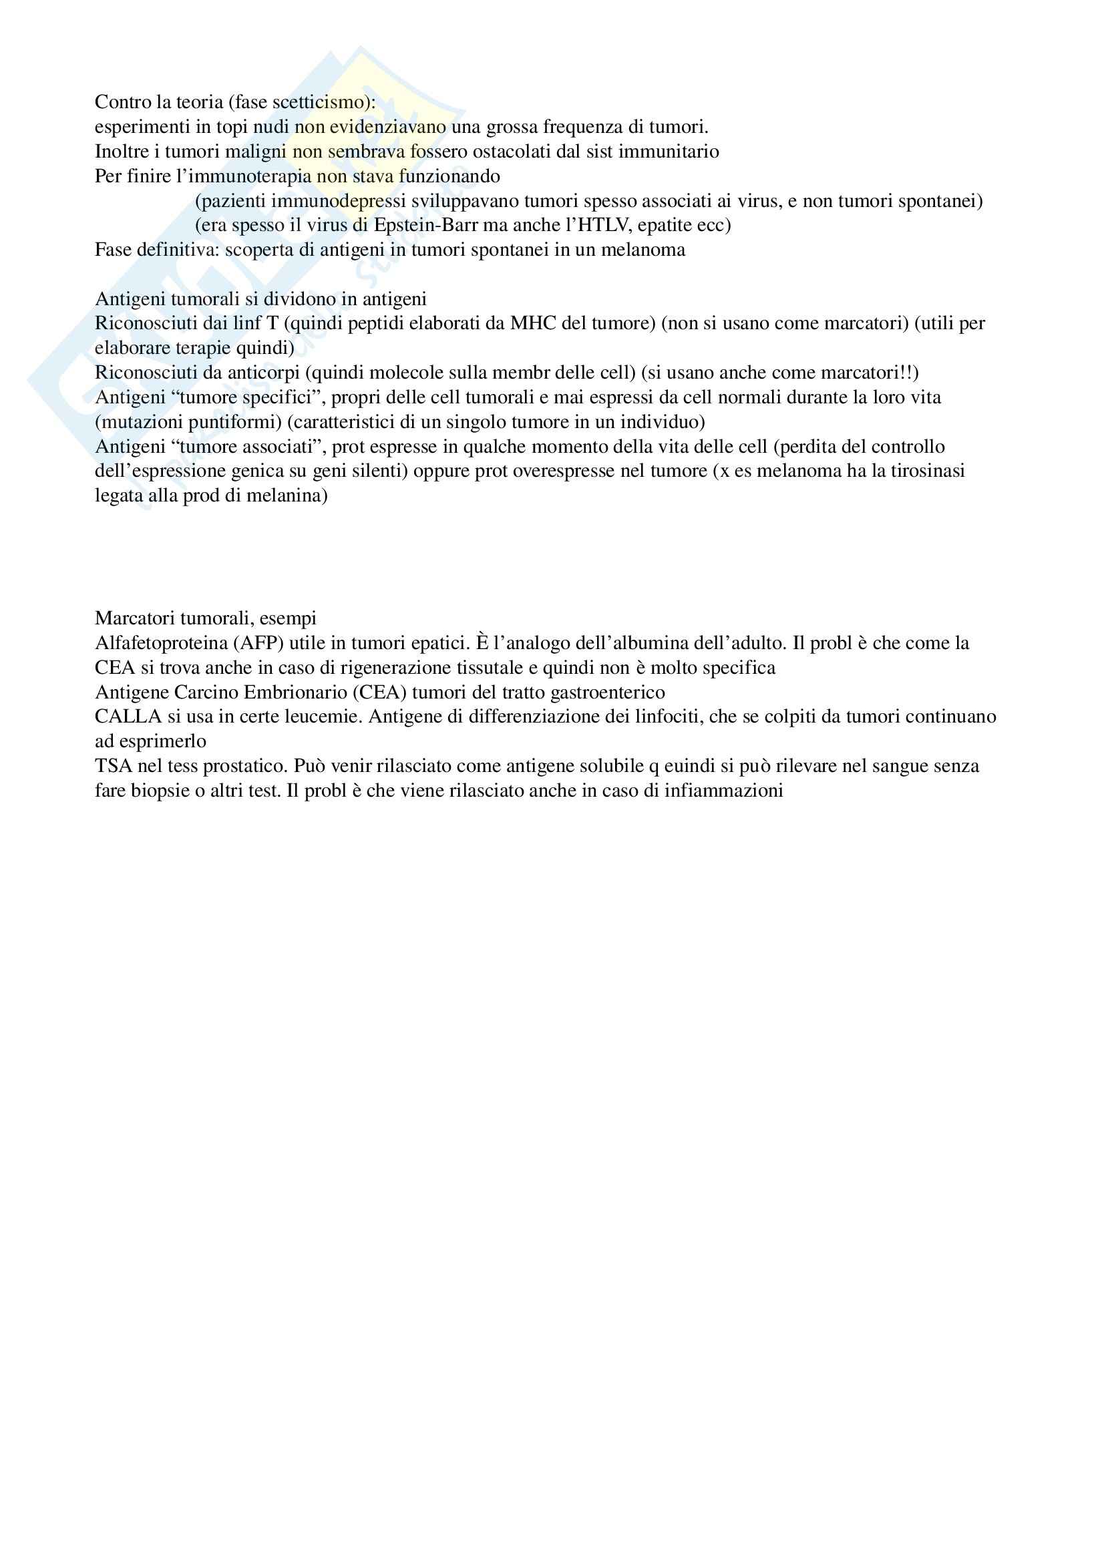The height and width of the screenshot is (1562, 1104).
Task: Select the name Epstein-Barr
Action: click(426, 225)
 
